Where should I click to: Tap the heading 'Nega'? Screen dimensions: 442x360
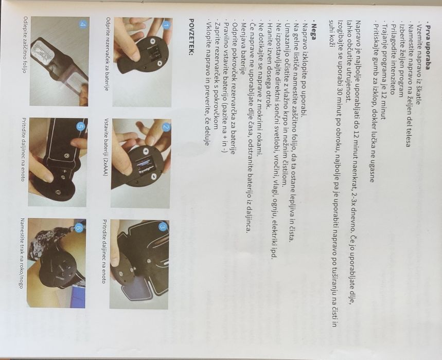(x=313, y=30)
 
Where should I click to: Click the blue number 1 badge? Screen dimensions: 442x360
(x=166, y=26)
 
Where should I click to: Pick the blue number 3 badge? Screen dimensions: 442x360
(x=163, y=226)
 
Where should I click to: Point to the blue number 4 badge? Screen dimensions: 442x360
(x=82, y=24)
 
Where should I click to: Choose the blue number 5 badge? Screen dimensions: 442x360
(x=80, y=127)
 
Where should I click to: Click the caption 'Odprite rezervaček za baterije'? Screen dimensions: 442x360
(x=108, y=54)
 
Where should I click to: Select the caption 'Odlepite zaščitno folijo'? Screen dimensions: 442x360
(x=25, y=45)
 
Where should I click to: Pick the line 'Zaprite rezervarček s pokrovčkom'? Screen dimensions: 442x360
(x=216, y=76)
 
